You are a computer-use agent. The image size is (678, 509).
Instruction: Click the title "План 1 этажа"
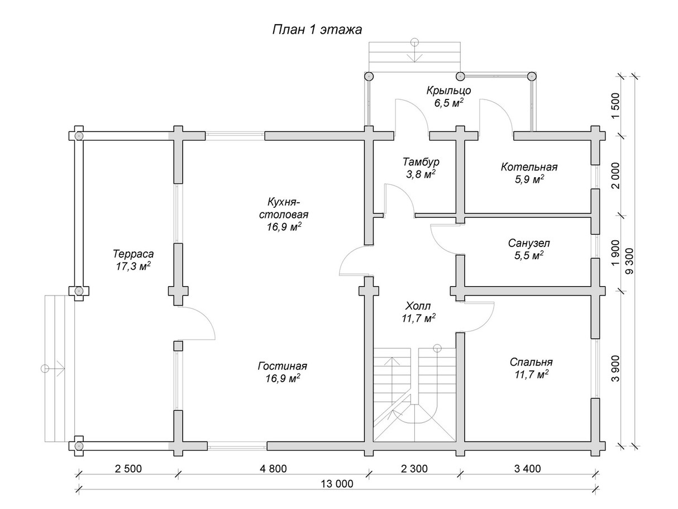tap(317, 29)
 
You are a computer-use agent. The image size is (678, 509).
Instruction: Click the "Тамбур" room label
tap(421, 162)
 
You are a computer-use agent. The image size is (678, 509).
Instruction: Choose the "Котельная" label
tap(529, 167)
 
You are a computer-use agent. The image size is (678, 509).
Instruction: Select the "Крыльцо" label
tap(449, 91)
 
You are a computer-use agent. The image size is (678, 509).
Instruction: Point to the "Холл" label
tap(419, 306)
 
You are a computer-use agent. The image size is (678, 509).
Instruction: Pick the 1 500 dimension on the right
tap(615, 104)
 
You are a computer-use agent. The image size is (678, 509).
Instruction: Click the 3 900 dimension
tap(615, 369)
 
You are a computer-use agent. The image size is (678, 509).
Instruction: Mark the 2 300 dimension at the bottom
tap(414, 468)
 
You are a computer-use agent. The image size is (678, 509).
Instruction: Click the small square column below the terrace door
tap(178, 346)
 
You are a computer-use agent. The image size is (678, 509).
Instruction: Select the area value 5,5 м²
tap(529, 255)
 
